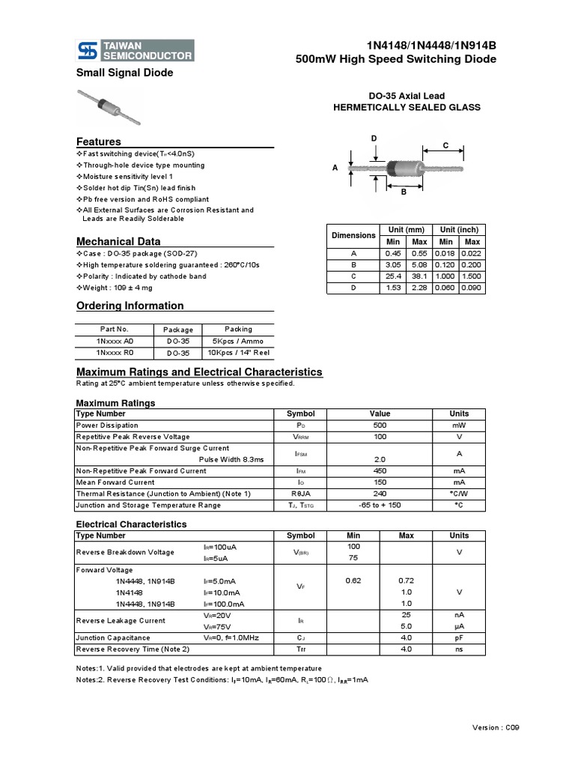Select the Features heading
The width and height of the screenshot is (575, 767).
point(99,142)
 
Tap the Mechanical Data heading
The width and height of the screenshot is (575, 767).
point(118,241)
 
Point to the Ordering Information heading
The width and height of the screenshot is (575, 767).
point(130,306)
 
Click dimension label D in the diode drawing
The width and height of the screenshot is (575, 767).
point(374,139)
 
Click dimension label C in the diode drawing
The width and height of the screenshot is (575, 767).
point(445,145)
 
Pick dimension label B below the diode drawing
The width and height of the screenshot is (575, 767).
point(404,192)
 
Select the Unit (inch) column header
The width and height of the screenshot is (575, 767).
point(459,230)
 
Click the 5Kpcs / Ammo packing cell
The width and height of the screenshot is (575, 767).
point(239,341)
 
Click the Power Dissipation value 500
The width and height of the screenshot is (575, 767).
point(380,425)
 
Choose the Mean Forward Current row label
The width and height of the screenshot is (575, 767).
point(115,482)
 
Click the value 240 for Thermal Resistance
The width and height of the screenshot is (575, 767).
point(380,494)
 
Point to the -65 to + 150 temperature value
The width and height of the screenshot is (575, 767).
point(380,506)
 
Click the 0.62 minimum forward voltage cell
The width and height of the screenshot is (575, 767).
point(353,580)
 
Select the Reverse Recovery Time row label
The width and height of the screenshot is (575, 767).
point(133,649)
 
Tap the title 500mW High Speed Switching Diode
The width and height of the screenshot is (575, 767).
point(396,59)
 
